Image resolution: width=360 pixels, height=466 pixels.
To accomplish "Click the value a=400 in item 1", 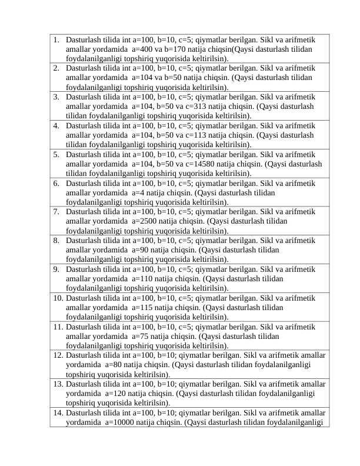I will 143,50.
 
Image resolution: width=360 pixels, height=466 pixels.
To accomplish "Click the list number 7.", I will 55,211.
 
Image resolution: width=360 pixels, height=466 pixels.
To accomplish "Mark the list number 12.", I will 58,355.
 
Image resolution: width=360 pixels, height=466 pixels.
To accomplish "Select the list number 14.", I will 58,413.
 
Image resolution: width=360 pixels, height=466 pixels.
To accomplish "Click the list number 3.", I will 55,96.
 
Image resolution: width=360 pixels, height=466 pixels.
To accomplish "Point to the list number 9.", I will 55,269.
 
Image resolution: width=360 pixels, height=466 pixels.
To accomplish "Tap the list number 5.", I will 55,154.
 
